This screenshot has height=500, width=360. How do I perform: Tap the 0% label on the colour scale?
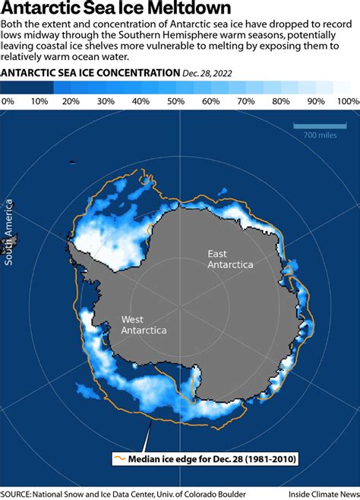pos(8,101)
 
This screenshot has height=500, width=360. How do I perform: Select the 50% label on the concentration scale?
pos(172,101)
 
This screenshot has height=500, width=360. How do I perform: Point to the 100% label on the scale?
pos(348,101)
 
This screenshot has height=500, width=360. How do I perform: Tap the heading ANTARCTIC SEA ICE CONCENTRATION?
pos(90,73)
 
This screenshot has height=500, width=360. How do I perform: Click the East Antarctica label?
pos(230,258)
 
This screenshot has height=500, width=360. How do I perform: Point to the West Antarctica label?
pos(144,324)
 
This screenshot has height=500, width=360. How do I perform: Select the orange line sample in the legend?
pos(118,458)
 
